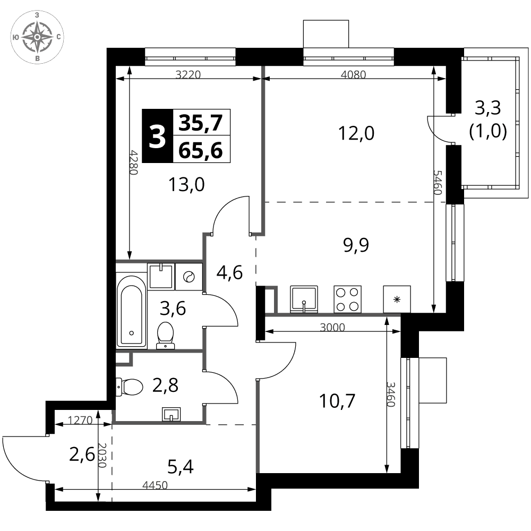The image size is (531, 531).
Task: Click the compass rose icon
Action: [x=37, y=37]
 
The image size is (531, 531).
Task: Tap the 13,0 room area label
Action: [x=186, y=185]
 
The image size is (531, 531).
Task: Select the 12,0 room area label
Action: [x=356, y=133]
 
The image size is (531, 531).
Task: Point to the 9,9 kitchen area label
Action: [x=356, y=245]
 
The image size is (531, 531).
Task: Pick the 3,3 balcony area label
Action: [x=488, y=108]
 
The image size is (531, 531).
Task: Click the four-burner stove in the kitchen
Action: [x=347, y=299]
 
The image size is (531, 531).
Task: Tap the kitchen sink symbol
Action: [x=304, y=299]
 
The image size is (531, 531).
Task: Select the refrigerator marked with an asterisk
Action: [x=397, y=299]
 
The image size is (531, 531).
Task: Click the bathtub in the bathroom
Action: [x=131, y=311]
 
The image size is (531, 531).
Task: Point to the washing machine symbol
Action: [x=189, y=277]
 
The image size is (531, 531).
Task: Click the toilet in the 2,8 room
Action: [x=130, y=387]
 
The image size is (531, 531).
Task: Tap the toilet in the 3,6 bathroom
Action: [x=166, y=335]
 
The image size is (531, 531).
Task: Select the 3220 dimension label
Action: [x=189, y=74]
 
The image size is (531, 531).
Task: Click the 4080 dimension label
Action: [x=353, y=74]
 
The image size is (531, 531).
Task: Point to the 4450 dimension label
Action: [x=155, y=485]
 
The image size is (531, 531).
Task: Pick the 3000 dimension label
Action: [x=332, y=327]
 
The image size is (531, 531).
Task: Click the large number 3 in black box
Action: [x=158, y=136]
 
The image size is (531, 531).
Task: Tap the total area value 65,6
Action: [x=201, y=150]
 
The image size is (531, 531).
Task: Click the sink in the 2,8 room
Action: [x=172, y=414]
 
